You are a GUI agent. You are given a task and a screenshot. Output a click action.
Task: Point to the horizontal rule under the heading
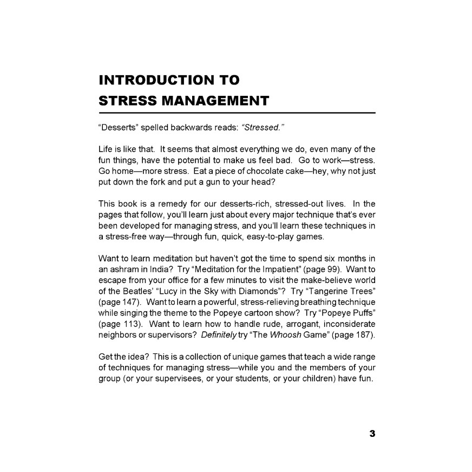click(237, 113)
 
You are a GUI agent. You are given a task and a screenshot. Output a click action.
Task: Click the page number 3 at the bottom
click(372, 434)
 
